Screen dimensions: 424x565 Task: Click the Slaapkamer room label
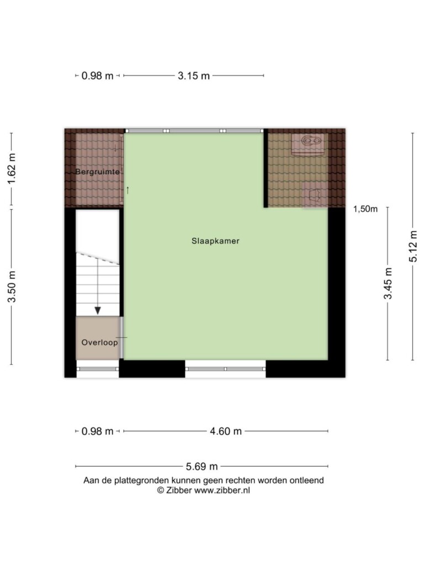[x=215, y=241]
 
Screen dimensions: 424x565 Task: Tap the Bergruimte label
[x=97, y=172]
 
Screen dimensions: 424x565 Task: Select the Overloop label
[x=99, y=342]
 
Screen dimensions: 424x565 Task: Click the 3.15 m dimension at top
[x=194, y=76]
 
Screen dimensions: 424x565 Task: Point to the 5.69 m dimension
[x=202, y=467]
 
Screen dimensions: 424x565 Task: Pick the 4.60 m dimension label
[x=226, y=431]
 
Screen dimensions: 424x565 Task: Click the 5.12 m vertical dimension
[x=413, y=247]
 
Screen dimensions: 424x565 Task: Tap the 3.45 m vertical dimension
[x=388, y=284]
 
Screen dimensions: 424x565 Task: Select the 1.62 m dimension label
[x=12, y=169]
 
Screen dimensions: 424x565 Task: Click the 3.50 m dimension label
[x=12, y=287]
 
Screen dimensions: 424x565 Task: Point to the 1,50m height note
[x=365, y=209]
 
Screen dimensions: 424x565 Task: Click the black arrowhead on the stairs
[x=97, y=310]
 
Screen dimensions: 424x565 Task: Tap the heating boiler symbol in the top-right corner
[x=307, y=144]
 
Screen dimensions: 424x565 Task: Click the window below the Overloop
[x=98, y=369]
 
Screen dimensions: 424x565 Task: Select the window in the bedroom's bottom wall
[x=225, y=369]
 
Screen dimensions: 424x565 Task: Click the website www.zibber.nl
[x=222, y=491]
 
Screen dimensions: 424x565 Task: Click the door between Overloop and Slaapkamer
[x=122, y=338]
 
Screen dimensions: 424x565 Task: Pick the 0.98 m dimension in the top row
[x=97, y=76]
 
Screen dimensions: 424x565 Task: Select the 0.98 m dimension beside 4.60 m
[x=97, y=431]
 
